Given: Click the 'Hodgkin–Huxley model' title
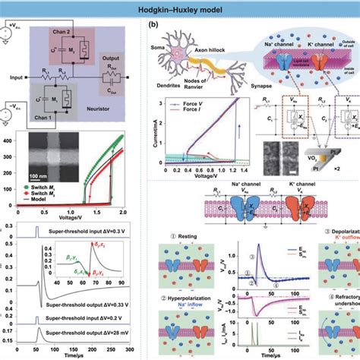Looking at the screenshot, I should pyautogui.click(x=180, y=10).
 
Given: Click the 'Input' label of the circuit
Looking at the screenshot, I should pyautogui.click(x=14, y=75).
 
